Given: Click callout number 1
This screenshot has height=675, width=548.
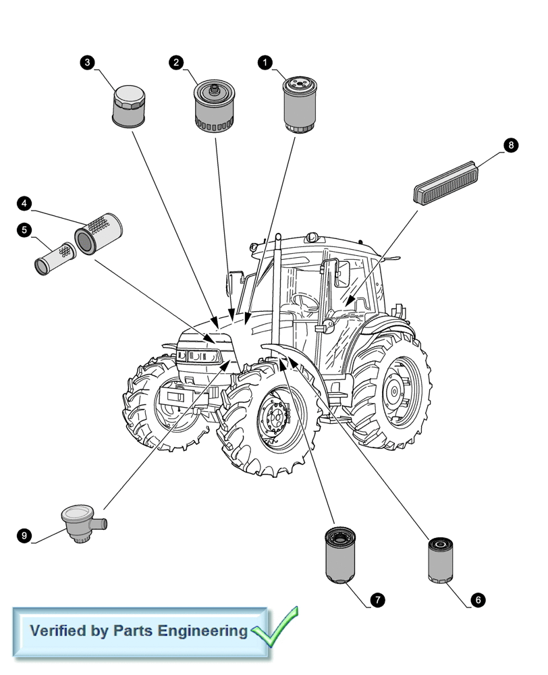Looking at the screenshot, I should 265,62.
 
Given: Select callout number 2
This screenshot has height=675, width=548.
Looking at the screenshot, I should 176,62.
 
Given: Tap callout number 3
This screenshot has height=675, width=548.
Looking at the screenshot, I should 86,62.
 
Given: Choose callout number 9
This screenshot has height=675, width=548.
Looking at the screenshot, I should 24,536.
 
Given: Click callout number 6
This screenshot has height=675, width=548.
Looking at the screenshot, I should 478,599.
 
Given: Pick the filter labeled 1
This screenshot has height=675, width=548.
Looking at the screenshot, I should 296,104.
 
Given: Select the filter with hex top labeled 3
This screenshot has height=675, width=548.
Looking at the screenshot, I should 128,106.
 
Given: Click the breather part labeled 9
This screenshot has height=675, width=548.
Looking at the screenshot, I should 82,524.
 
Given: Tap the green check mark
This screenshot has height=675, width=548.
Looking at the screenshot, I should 275,627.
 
